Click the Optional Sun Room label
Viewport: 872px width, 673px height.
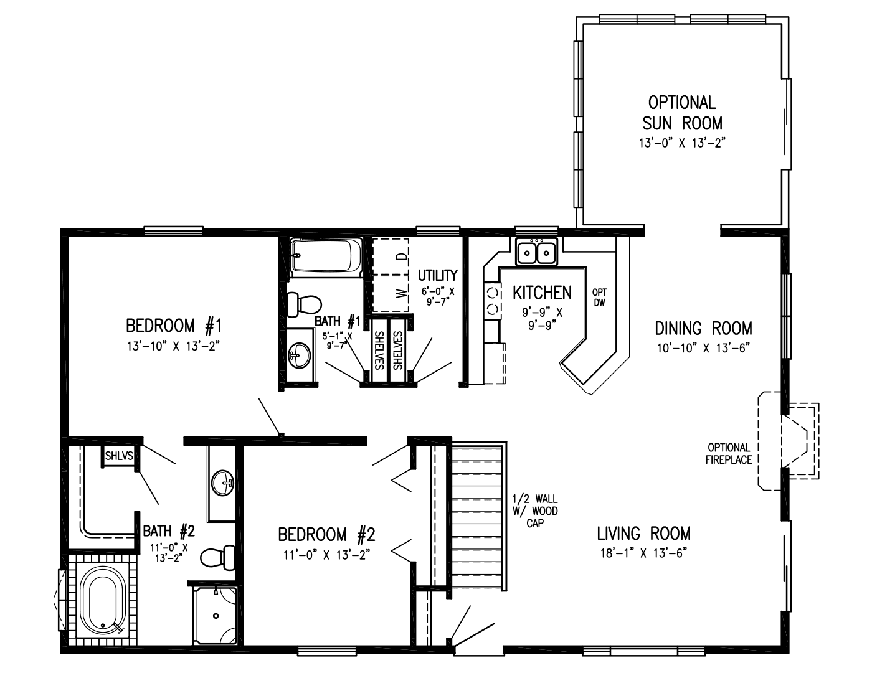(682, 112)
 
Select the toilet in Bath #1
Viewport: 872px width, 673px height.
(305, 304)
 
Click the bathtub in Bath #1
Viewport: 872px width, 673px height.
(326, 256)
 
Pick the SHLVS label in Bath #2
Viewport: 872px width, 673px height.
(119, 456)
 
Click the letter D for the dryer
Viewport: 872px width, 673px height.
(402, 256)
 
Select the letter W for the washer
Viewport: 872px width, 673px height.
(402, 292)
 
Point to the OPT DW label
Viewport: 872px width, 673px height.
(600, 297)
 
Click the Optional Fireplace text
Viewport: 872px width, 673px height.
(729, 454)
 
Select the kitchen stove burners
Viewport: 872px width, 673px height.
(493, 299)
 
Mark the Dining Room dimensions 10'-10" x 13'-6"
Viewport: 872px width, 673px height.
(703, 347)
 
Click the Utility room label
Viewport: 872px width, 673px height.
(437, 275)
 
